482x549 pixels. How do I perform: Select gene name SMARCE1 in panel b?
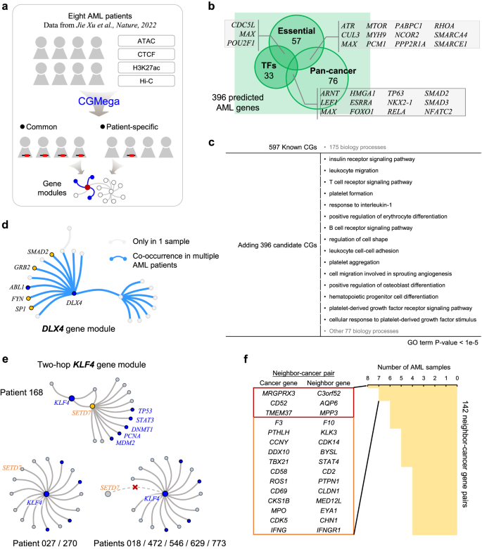pos(452,53)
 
